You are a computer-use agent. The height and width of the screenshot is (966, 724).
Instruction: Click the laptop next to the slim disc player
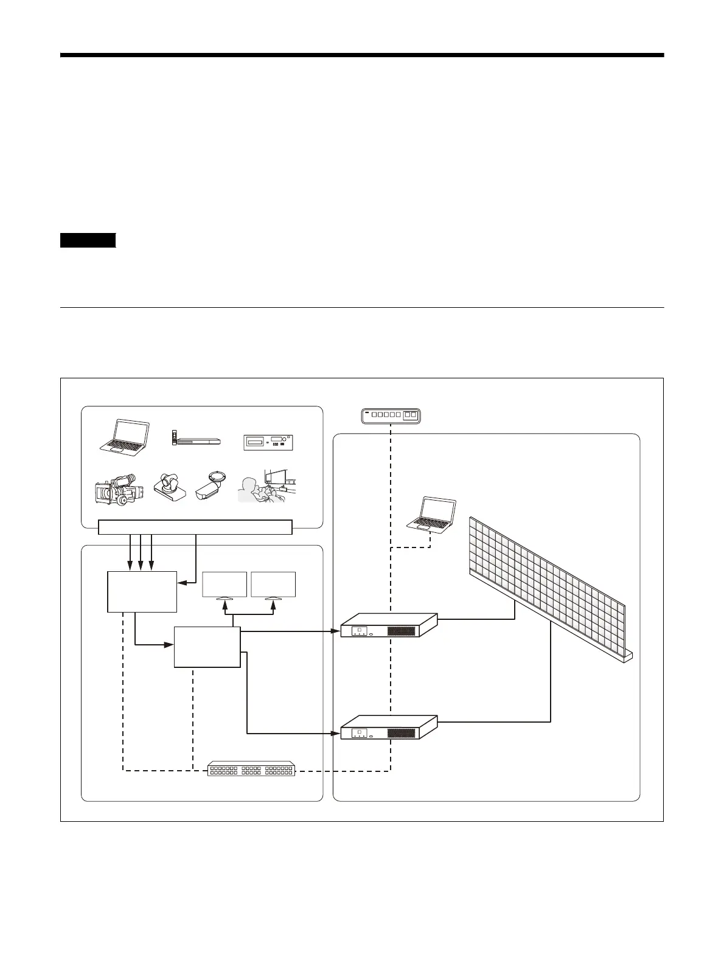click(x=125, y=437)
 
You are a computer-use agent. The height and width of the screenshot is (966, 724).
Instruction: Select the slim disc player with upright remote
click(x=195, y=440)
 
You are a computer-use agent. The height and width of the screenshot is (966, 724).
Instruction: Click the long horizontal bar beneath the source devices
click(x=195, y=527)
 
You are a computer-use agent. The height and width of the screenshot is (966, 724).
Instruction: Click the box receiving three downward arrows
click(x=142, y=591)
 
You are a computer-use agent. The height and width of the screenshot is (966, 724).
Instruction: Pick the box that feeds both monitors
click(x=207, y=647)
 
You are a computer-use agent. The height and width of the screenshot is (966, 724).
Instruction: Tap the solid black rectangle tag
click(x=88, y=240)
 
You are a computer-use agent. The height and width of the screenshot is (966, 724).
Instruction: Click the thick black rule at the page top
click(x=362, y=55)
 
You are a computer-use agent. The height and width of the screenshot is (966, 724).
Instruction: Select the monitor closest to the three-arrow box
click(x=225, y=585)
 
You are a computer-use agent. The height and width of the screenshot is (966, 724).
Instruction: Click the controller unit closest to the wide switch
click(x=388, y=728)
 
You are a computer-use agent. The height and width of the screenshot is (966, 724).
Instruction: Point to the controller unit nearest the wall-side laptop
click(x=388, y=625)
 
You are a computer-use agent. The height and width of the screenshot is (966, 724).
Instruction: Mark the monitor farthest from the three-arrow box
click(x=273, y=585)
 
